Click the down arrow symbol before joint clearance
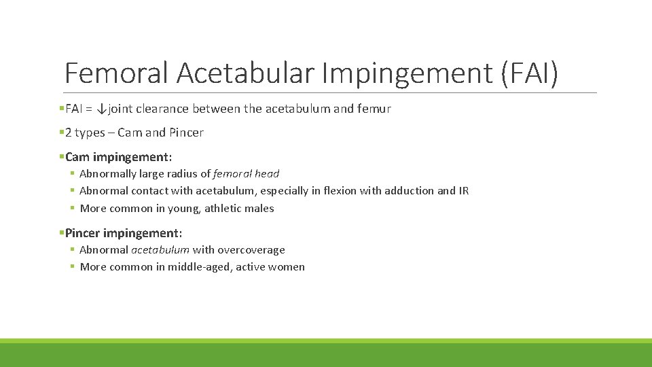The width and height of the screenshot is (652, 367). [101, 109]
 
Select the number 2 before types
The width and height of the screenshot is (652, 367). [69, 133]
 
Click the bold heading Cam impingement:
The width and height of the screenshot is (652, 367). [119, 157]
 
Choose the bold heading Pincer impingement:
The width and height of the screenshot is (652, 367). [124, 233]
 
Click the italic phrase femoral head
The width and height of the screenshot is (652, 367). [246, 174]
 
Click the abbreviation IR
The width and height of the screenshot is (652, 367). [463, 191]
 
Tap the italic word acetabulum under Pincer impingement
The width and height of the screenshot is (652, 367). [160, 250]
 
